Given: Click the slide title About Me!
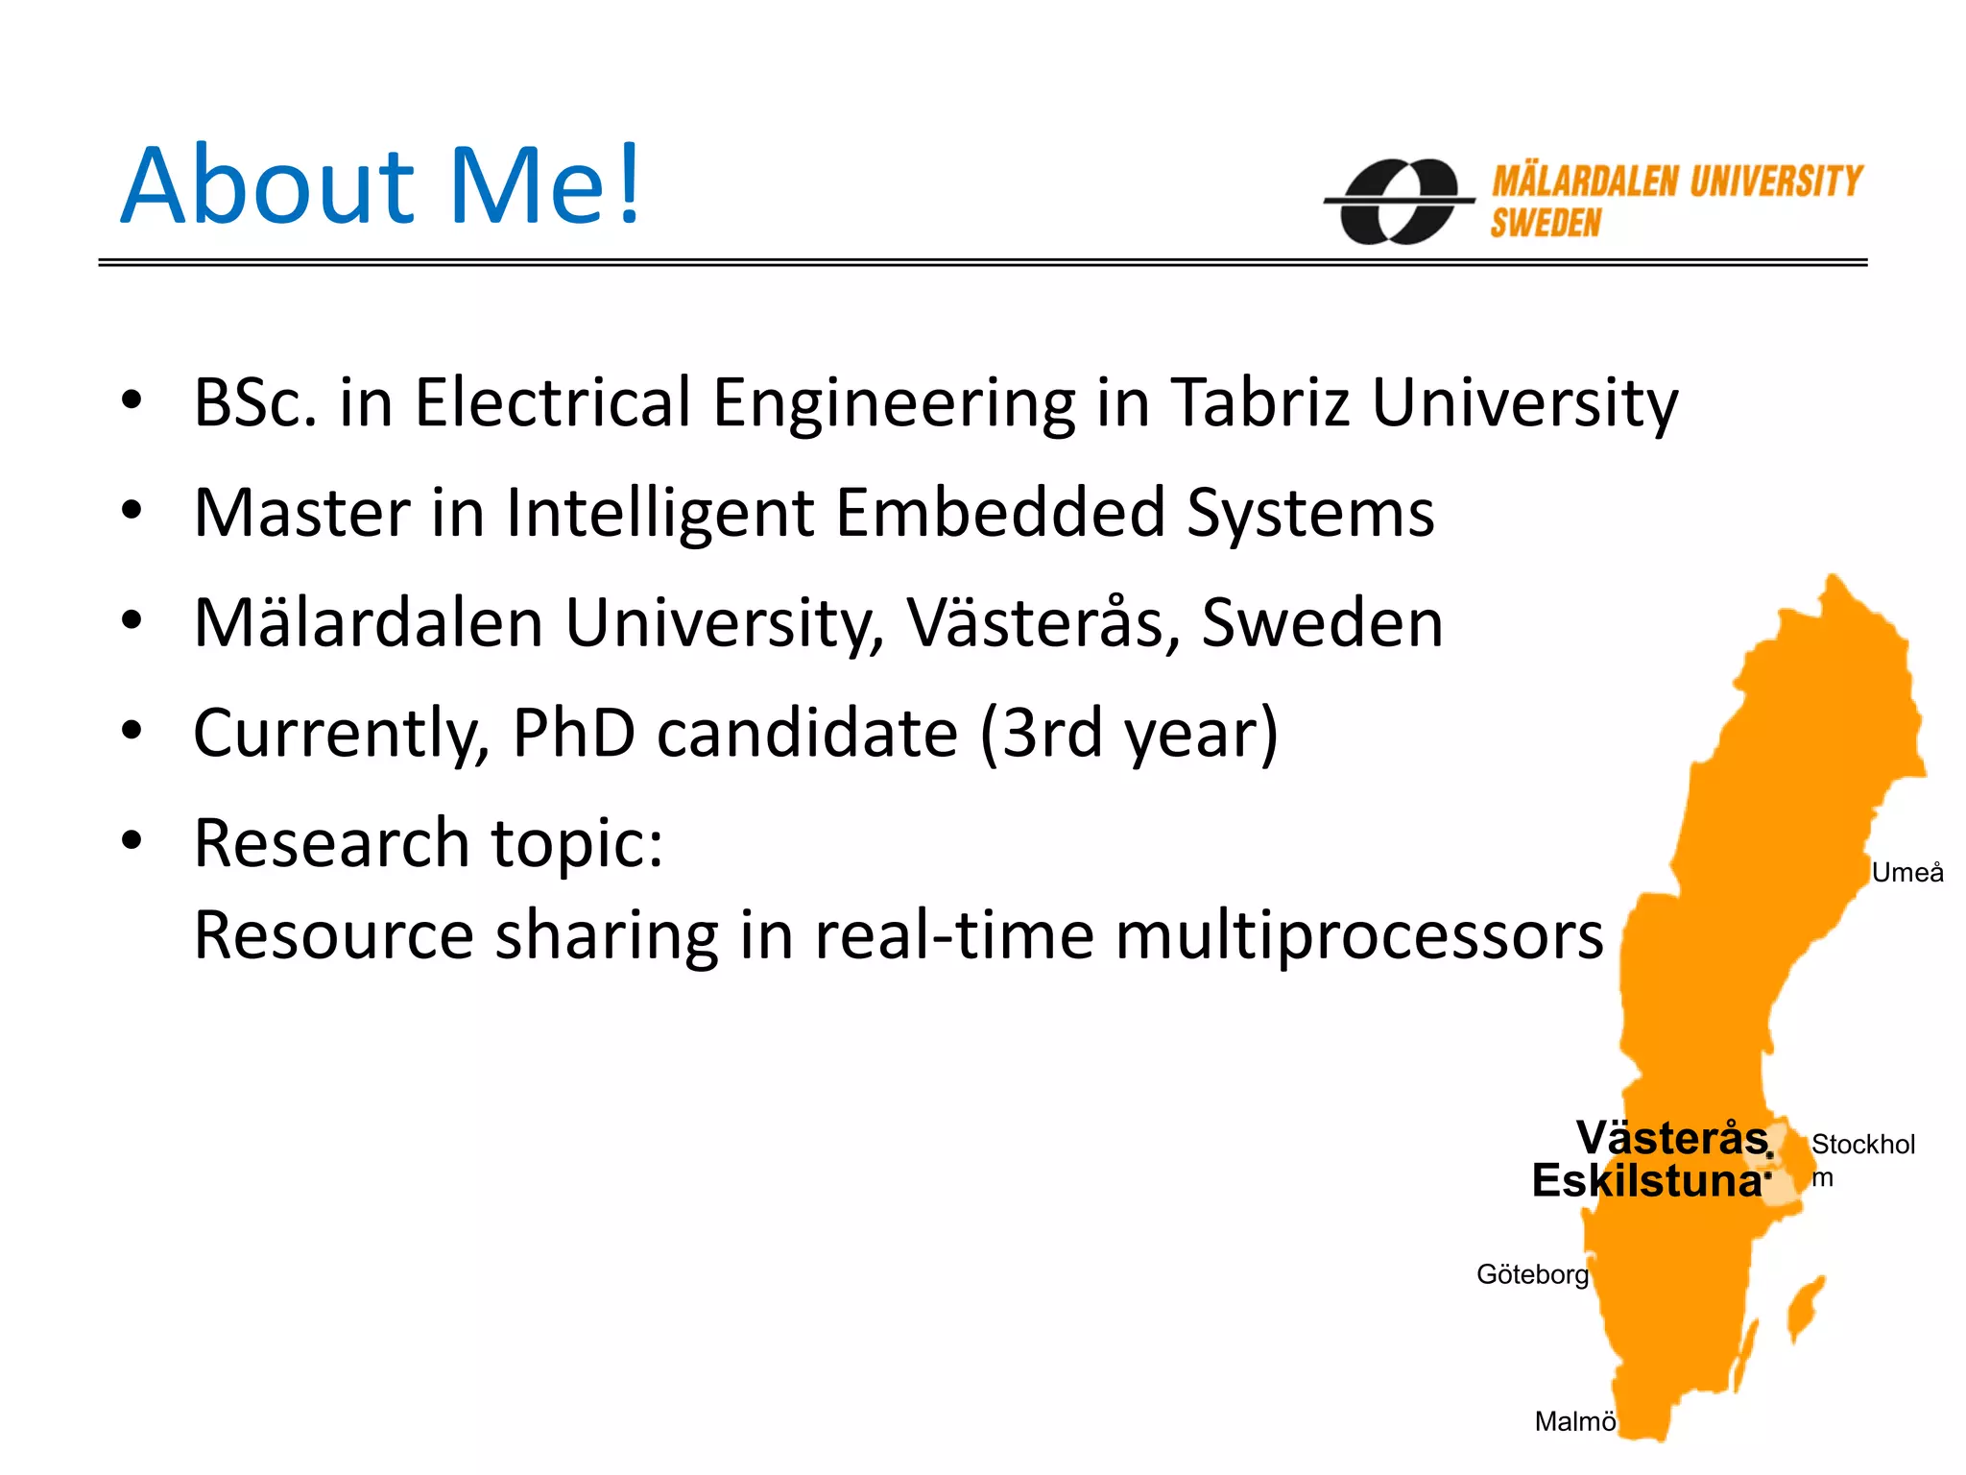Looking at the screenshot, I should [x=380, y=185].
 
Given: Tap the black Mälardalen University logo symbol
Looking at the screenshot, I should [x=1400, y=201].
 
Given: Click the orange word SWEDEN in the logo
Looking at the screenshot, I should [x=1546, y=224].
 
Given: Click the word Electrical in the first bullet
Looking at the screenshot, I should [x=552, y=402].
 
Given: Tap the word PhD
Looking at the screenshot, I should [x=573, y=734].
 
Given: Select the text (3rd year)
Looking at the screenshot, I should [x=1129, y=734].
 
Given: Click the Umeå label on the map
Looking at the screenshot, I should [x=1906, y=873].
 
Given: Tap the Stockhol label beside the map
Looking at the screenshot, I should [x=1862, y=1145].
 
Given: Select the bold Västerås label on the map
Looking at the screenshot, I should [x=1671, y=1139].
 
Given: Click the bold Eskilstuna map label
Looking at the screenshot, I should [x=1647, y=1181].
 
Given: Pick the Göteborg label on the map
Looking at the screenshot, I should [x=1532, y=1274].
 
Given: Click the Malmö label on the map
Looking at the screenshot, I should [x=1574, y=1421].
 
